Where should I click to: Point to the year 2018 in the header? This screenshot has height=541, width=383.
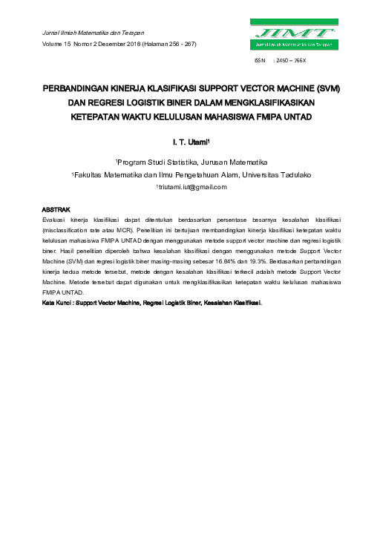click(144, 44)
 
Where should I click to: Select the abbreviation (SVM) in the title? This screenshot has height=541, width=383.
click(325, 88)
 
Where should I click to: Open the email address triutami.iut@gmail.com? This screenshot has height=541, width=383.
click(191, 187)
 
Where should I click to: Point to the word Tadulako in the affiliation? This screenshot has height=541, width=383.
click(294, 174)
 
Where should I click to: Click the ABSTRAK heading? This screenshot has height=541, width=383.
click(55, 211)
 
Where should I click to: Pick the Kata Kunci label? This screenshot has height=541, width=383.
click(58, 303)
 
